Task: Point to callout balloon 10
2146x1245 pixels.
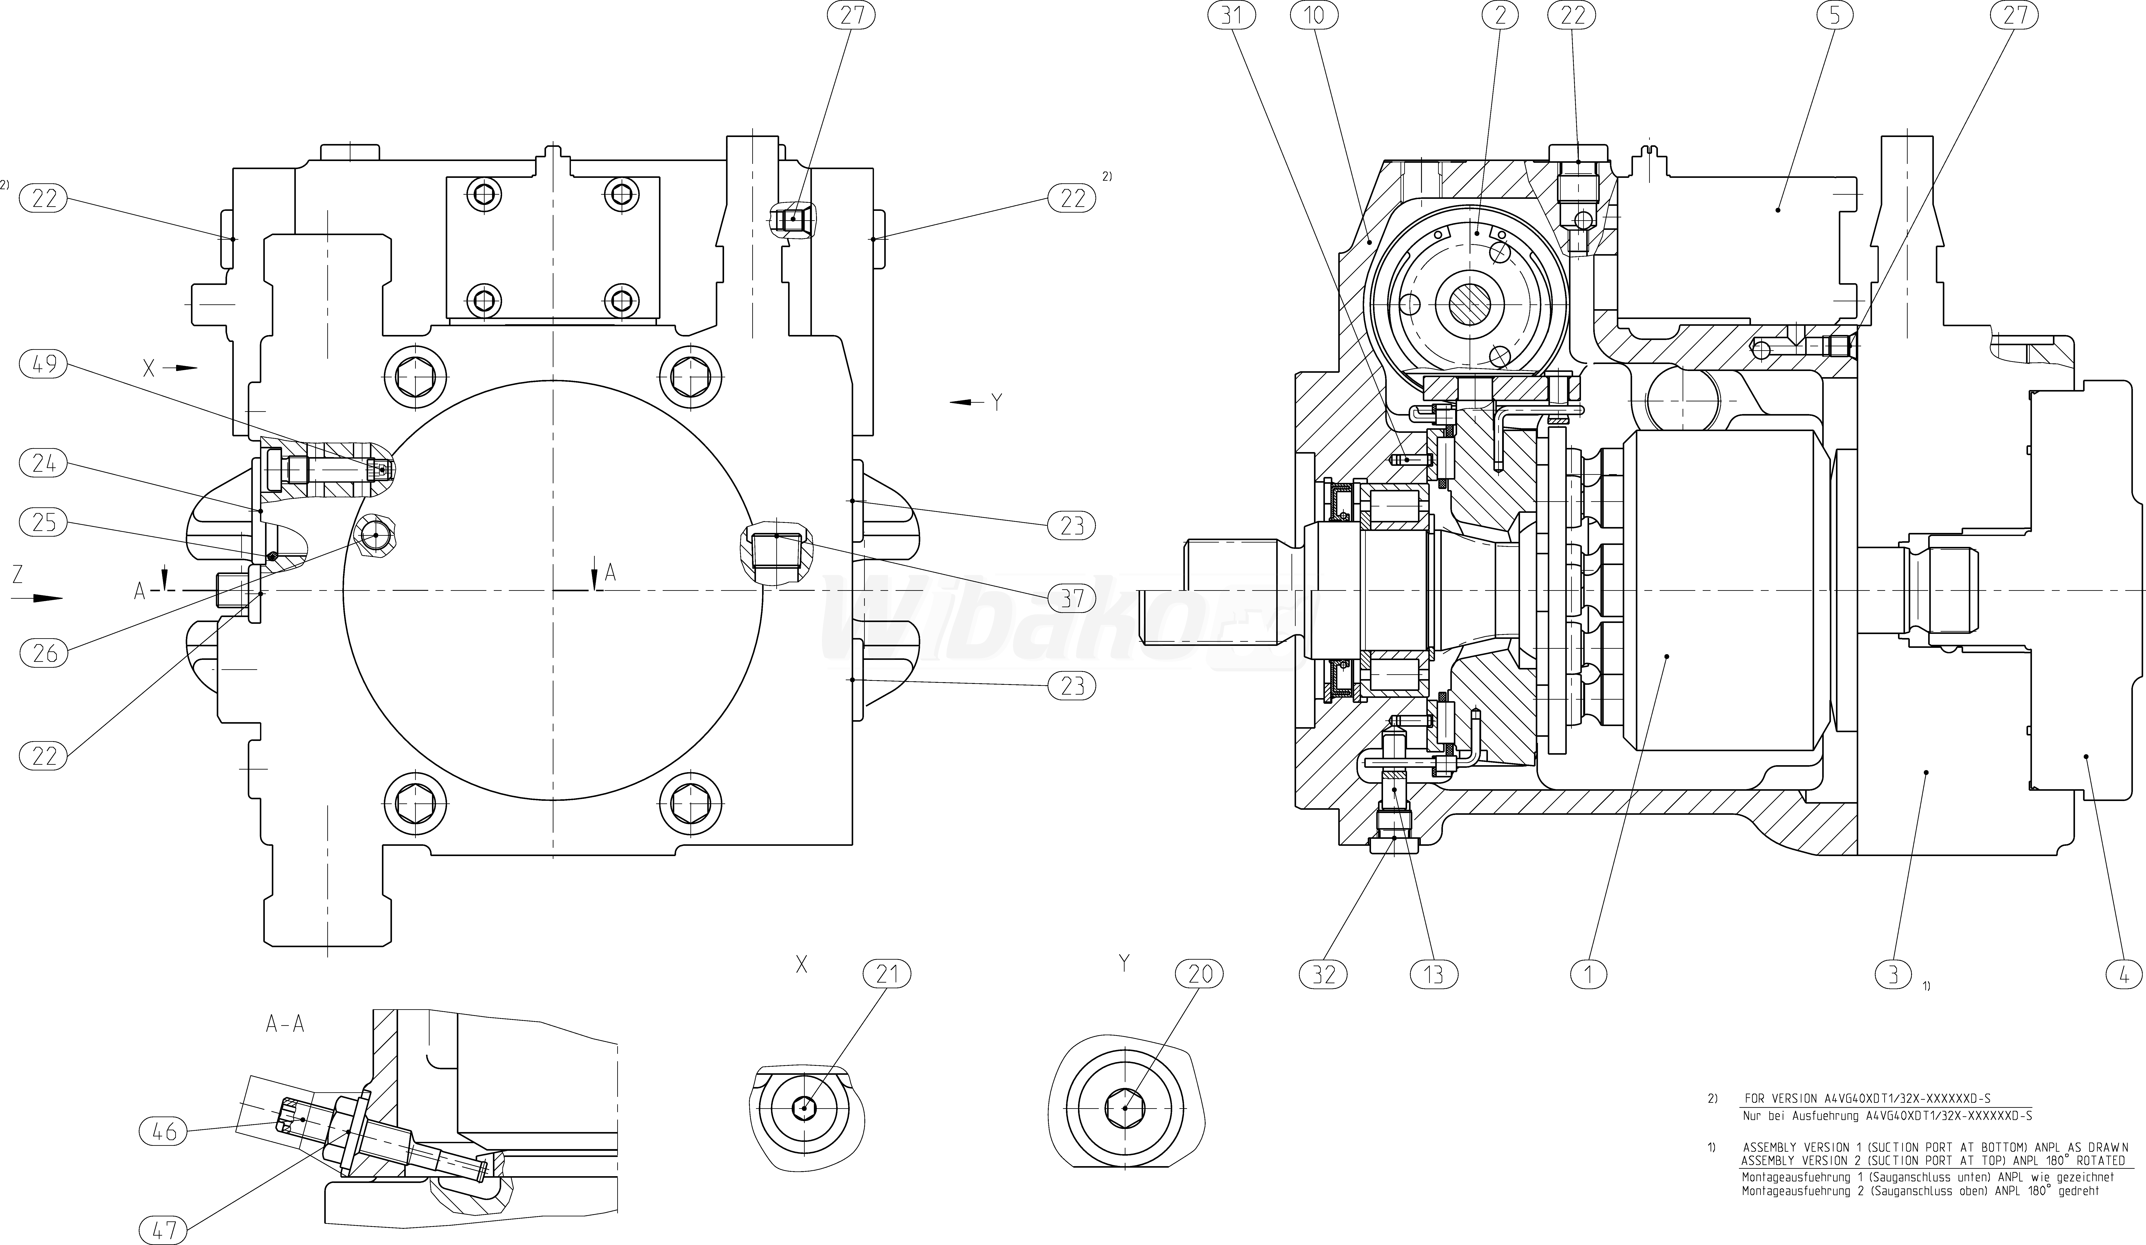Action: point(1314,14)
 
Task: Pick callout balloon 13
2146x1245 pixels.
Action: point(1434,973)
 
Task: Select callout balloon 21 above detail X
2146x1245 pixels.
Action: point(886,973)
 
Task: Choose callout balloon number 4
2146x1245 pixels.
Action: point(2123,973)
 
